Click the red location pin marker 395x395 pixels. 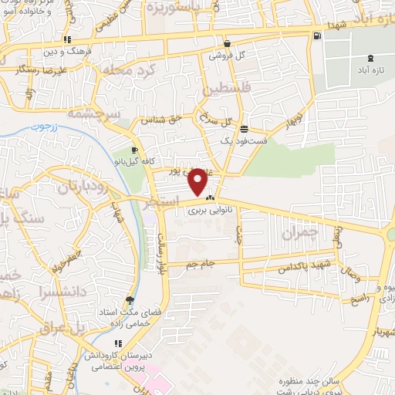[198, 181]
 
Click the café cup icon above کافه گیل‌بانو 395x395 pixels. [135, 150]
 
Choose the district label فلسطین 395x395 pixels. [228, 90]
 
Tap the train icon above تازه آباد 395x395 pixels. [372, 58]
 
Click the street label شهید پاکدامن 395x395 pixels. [308, 266]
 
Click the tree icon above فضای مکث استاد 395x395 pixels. [129, 301]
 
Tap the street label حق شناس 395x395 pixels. [162, 120]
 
